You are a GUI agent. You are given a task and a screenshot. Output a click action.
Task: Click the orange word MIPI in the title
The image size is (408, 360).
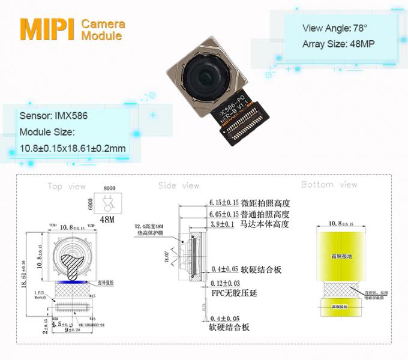click(x=47, y=29)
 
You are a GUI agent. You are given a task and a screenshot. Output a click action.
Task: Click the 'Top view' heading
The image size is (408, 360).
click(x=67, y=187)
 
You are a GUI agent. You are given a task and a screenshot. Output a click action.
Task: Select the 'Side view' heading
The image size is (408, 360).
click(x=179, y=186)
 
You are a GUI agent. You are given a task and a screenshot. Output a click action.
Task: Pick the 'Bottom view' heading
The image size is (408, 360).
click(x=329, y=185)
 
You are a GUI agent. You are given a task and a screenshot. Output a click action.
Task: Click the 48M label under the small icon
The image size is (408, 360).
click(x=107, y=220)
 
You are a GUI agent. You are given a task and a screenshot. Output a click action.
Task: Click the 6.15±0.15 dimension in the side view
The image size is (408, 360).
click(x=223, y=203)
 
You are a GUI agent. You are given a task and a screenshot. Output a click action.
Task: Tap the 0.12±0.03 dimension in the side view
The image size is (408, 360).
click(x=224, y=283)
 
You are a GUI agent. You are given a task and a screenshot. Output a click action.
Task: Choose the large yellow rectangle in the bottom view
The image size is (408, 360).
click(x=340, y=258)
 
